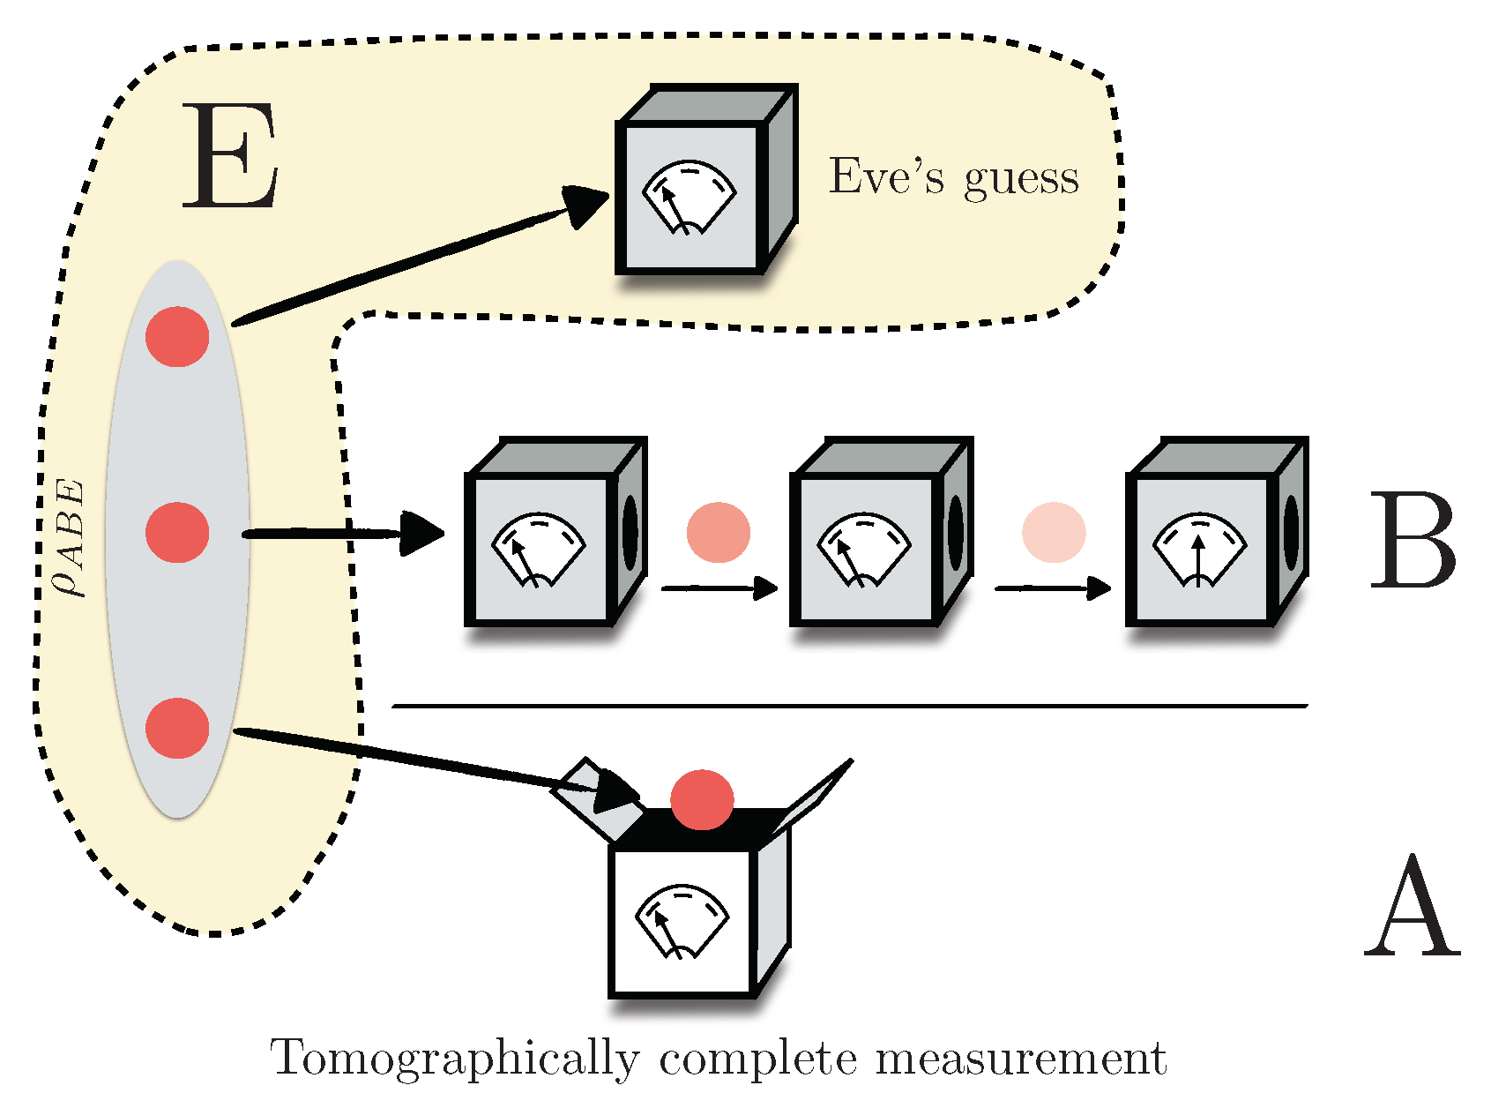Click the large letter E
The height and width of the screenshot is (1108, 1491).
click(x=231, y=156)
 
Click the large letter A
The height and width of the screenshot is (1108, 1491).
click(x=1412, y=909)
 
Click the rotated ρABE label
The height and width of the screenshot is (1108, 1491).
click(x=70, y=537)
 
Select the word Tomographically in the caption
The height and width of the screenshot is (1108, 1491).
click(x=455, y=1059)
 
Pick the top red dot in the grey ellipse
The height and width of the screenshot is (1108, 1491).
click(x=177, y=337)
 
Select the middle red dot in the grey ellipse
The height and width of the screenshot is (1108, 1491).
click(x=177, y=533)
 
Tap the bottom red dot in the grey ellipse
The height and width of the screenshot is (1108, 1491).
click(x=177, y=729)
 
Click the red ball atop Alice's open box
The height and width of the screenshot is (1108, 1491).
click(x=702, y=799)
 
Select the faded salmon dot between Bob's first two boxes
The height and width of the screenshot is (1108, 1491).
click(x=719, y=533)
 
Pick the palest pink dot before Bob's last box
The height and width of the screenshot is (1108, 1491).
click(x=1054, y=533)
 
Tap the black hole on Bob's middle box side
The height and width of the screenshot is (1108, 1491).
click(x=956, y=533)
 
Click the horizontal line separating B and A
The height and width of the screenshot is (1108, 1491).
click(x=849, y=706)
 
